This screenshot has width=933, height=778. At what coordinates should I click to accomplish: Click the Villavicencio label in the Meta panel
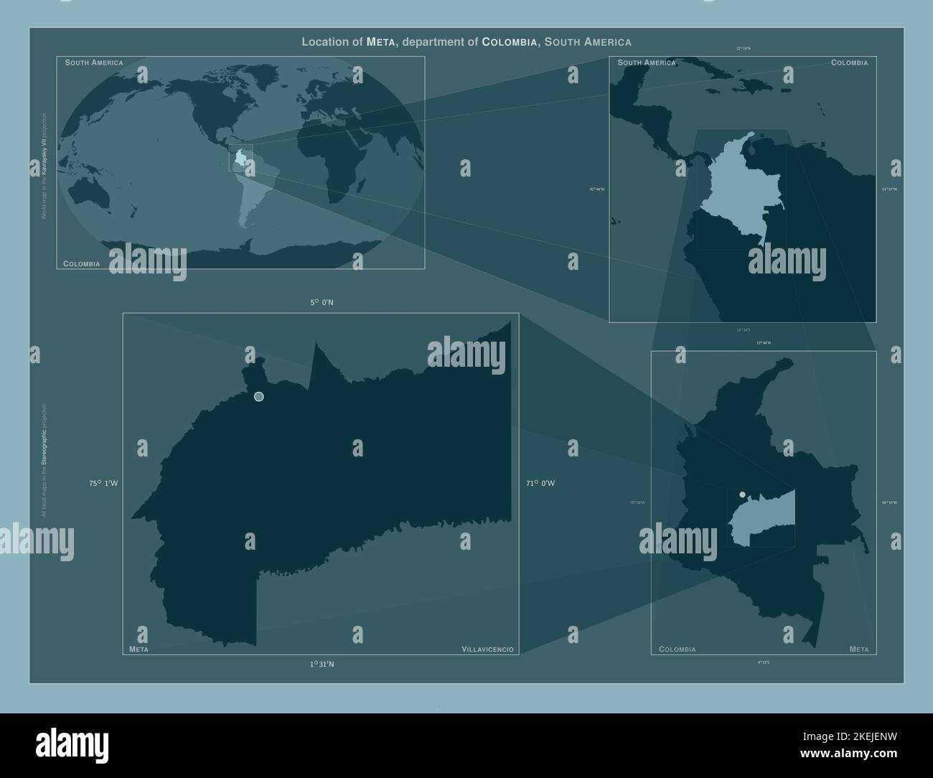(487, 650)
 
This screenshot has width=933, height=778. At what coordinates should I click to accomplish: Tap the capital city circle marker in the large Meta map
(259, 397)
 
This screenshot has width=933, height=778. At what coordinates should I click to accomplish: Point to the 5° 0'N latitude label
(322, 303)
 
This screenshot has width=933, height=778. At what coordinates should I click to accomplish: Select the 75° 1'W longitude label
(103, 484)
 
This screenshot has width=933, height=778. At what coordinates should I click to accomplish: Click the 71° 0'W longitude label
(540, 484)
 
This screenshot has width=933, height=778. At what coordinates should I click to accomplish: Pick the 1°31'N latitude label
(322, 665)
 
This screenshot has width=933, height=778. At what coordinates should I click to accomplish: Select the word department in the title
(433, 42)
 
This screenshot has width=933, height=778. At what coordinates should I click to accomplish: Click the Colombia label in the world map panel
(82, 264)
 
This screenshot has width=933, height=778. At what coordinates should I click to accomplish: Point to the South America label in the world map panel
(94, 63)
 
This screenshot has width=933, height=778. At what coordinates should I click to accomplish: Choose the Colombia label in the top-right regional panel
(849, 63)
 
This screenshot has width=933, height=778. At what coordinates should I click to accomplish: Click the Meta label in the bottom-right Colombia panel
(858, 650)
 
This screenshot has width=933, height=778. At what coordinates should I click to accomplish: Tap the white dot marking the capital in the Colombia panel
(742, 495)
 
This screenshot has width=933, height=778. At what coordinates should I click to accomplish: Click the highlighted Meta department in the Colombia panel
(764, 520)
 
